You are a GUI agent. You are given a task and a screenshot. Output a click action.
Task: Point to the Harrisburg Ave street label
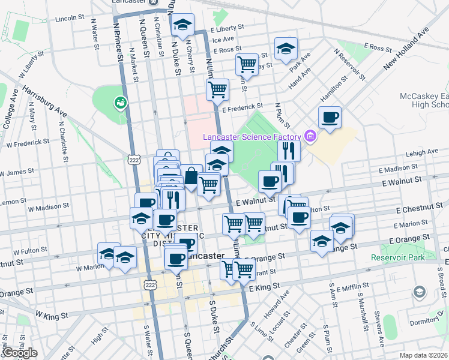coord(45,101)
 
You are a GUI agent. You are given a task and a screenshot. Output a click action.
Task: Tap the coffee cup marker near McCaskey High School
coord(329,118)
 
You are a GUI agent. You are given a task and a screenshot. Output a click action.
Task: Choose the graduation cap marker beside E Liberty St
coord(182,25)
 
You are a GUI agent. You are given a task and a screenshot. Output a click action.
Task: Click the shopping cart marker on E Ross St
coord(247,63)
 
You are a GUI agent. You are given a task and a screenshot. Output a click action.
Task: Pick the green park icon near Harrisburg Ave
coord(121,103)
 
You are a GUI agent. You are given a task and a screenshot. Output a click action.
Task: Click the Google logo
coord(20,353)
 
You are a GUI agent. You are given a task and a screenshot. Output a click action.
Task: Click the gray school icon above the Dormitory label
coord(419,292)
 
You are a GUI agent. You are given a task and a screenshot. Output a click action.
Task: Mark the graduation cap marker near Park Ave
coord(286,49)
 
